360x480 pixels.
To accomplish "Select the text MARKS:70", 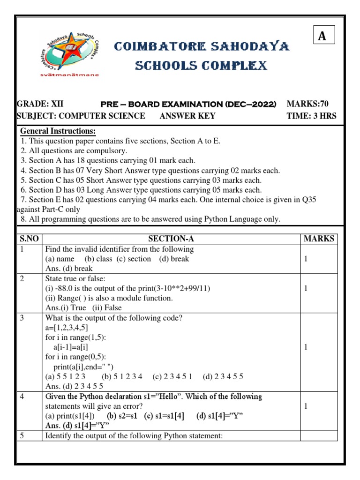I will pos(311,104).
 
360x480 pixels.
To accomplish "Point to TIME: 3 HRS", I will pos(311,116).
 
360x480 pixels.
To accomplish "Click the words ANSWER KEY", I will pos(187,116).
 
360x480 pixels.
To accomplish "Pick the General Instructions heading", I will pos(58,131).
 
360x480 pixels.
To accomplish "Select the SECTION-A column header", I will pos(171,239).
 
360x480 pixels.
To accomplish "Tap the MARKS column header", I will pos(319,239).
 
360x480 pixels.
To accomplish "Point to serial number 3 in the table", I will pos(22,318).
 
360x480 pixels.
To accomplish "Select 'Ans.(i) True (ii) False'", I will pos(83,308).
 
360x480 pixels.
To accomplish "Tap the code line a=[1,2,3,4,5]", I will pos(66,328).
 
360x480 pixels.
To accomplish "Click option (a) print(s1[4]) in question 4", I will pos(70,416).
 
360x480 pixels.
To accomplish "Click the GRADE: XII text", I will pos(40,104).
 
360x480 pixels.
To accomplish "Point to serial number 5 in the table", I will pos(22,436).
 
